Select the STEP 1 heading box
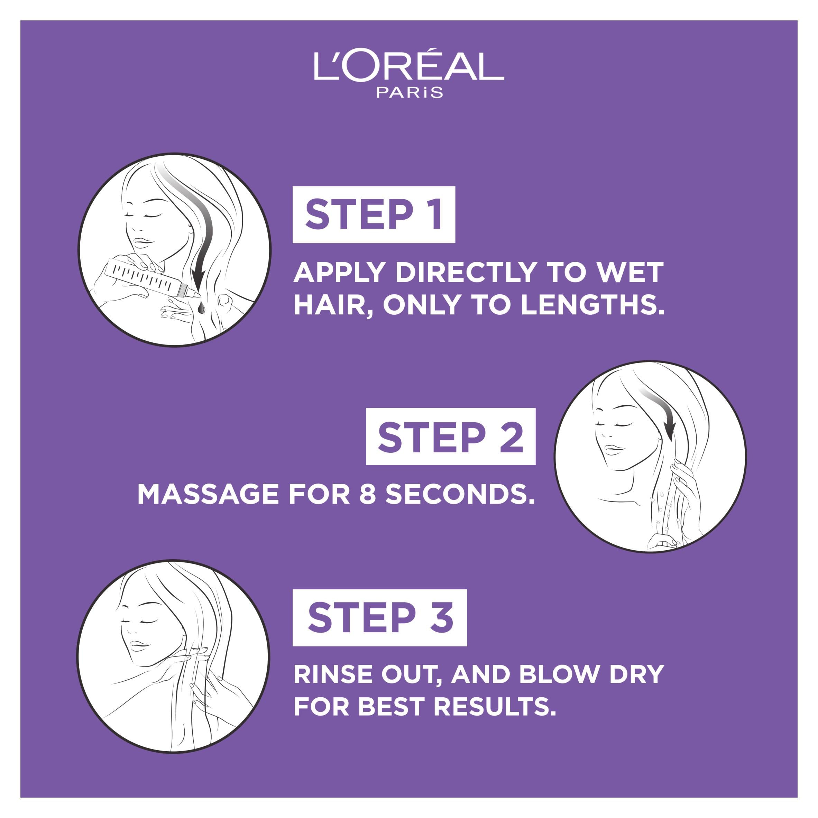(374, 215)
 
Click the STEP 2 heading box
(450, 436)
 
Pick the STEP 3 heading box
(380, 618)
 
